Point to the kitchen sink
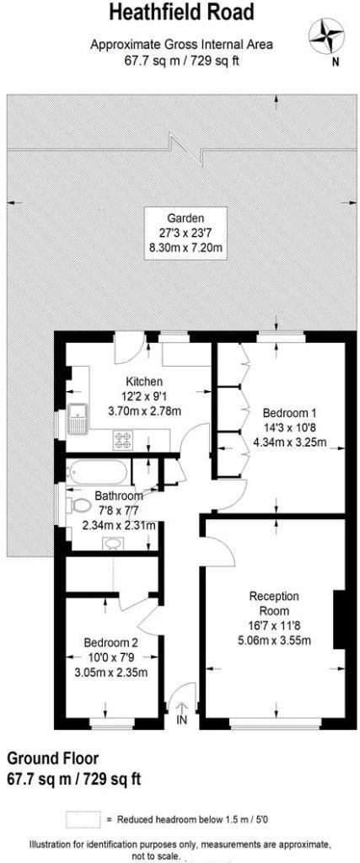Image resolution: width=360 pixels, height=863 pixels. (78, 417)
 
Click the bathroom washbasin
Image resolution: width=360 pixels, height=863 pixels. (112, 543)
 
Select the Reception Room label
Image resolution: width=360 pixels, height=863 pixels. (274, 603)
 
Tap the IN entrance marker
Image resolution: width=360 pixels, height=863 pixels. (181, 720)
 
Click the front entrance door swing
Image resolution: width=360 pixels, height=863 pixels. (183, 694)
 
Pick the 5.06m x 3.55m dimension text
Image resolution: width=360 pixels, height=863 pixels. (274, 640)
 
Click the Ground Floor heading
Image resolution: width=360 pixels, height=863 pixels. (52, 758)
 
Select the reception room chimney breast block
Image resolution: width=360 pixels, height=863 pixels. (339, 619)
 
